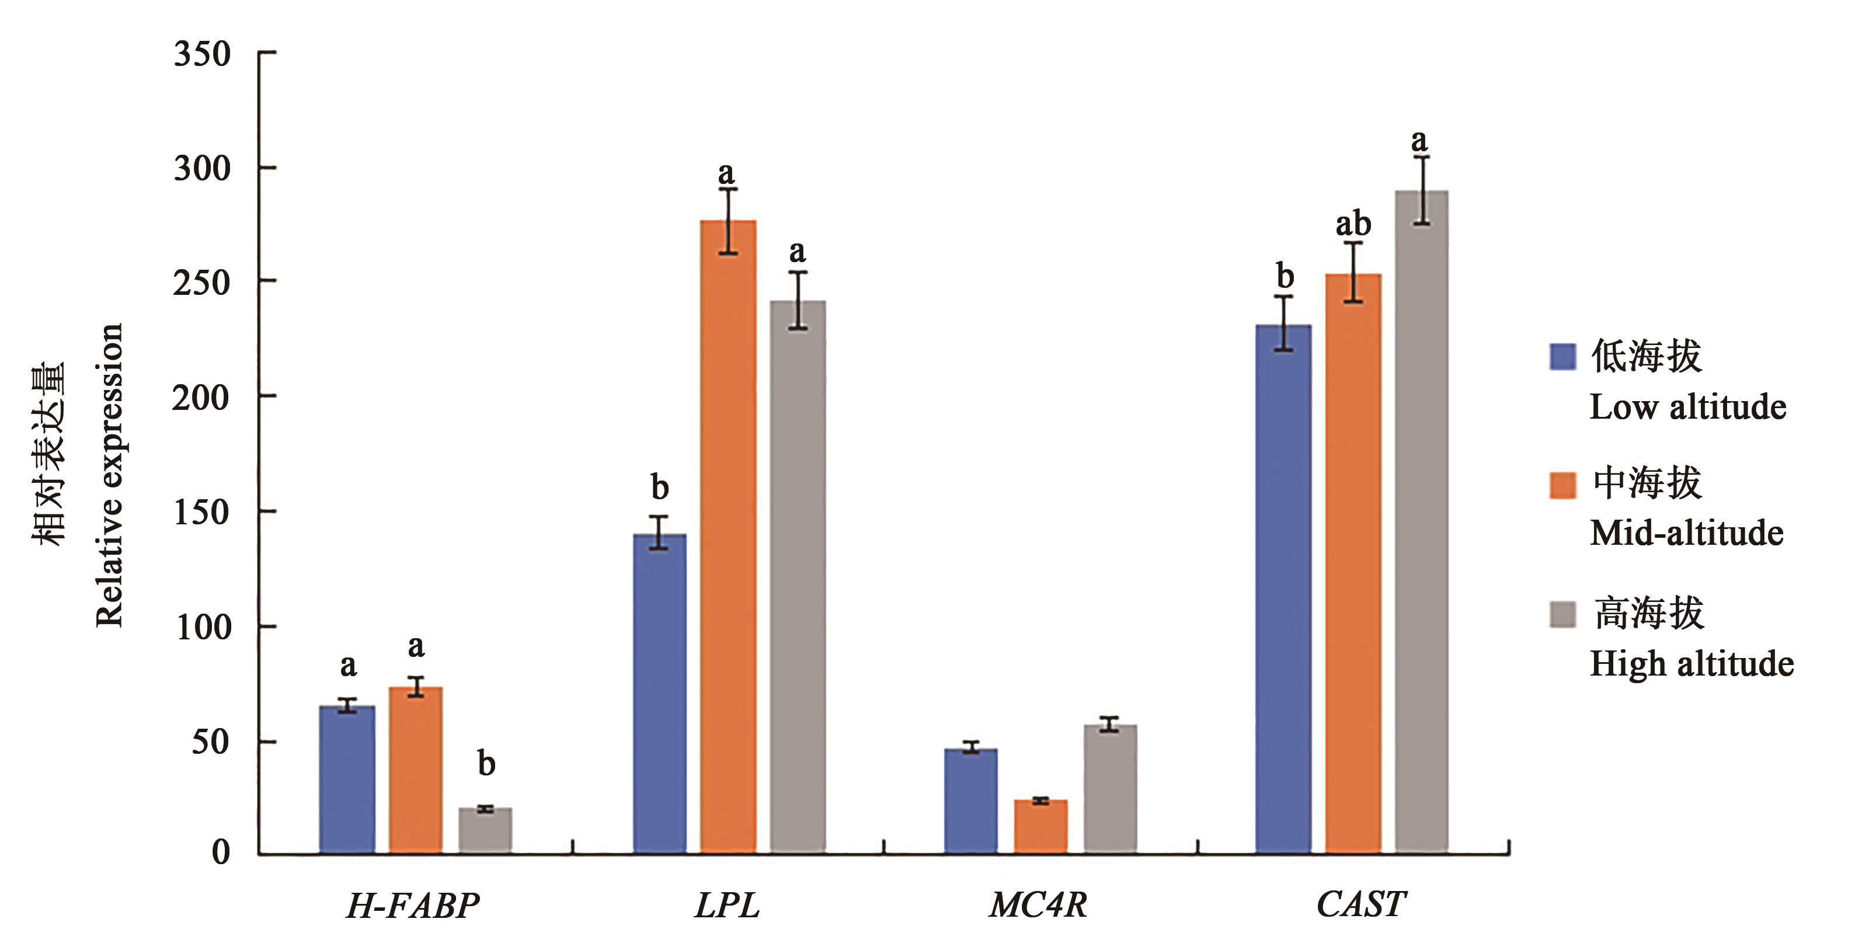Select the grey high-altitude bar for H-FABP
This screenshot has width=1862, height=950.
coord(485,831)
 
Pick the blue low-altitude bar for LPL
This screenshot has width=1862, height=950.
coord(659,694)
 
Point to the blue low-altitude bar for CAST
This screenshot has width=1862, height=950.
coord(1283,589)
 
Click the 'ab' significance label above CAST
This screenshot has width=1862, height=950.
coord(1352,224)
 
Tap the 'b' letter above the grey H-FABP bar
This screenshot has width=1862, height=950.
coord(486,764)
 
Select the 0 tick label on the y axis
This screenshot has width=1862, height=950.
coord(221,852)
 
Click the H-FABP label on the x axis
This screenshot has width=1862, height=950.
coord(413,905)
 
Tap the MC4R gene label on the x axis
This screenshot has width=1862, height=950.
coord(1038,905)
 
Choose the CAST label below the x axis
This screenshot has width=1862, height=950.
coord(1360,904)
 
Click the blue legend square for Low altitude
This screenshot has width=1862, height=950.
coord(1562,356)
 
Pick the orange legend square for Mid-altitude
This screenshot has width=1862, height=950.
coord(1562,485)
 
